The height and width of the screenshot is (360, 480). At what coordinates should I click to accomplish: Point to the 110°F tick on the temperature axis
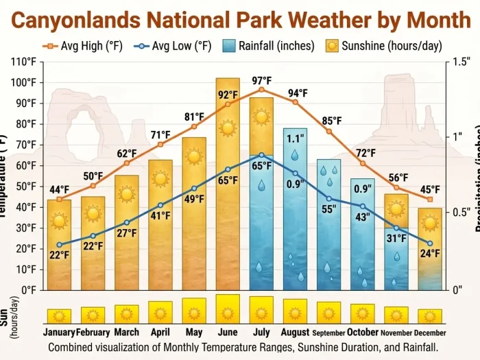point(24,62)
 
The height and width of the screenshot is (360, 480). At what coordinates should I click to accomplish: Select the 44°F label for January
point(59,190)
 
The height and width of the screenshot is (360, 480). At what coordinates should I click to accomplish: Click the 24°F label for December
point(430,253)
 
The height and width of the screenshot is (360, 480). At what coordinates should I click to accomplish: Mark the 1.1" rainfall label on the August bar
point(295,136)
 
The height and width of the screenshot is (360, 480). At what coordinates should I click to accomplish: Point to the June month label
point(228,333)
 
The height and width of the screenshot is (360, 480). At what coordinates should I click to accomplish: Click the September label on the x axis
point(328,333)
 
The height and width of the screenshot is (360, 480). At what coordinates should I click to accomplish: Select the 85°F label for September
point(331,121)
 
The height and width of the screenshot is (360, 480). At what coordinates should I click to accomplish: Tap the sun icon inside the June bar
point(228,128)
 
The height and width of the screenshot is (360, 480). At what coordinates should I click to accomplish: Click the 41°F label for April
point(160,215)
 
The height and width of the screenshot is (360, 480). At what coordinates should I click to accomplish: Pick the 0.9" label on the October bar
point(363,189)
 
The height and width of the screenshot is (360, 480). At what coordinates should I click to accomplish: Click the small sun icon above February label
point(93,315)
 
